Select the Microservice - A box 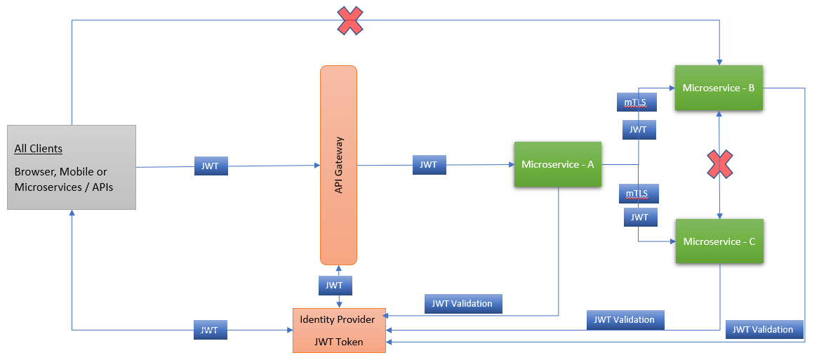pyautogui.click(x=557, y=165)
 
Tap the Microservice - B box pyautogui.click(x=719, y=88)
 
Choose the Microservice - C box pyautogui.click(x=719, y=241)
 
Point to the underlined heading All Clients pyautogui.click(x=39, y=149)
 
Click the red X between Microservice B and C pyautogui.click(x=719, y=164)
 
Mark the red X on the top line pyautogui.click(x=350, y=21)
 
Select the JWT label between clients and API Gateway pyautogui.click(x=211, y=166)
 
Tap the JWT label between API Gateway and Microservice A pyautogui.click(x=428, y=165)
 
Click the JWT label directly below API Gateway pyautogui.click(x=335, y=286)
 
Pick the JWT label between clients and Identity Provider pyautogui.click(x=209, y=331)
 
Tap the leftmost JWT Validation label pyautogui.click(x=462, y=304)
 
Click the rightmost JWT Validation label pyautogui.click(x=763, y=329)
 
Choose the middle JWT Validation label pyautogui.click(x=624, y=319)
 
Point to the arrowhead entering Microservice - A pyautogui.click(x=510, y=165)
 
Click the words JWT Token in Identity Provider pyautogui.click(x=338, y=342)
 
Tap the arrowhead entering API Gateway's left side pyautogui.click(x=317, y=165)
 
